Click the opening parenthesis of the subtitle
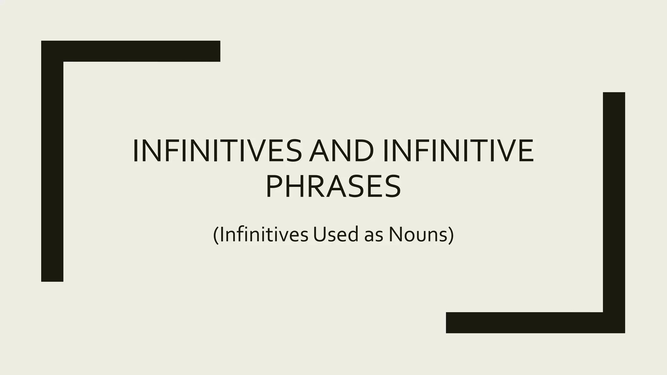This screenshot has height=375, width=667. click(216, 235)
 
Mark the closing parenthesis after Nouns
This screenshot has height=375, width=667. click(451, 235)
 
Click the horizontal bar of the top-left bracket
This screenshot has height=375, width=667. click(140, 51)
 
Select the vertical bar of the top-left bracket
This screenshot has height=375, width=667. click(52, 169)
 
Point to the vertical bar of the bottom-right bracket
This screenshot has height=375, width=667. click(614, 202)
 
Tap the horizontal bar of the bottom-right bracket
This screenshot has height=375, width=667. click(524, 323)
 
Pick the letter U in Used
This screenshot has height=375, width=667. click(318, 234)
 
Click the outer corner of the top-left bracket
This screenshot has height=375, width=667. click(43, 42)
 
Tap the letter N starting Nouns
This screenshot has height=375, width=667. click(395, 234)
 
